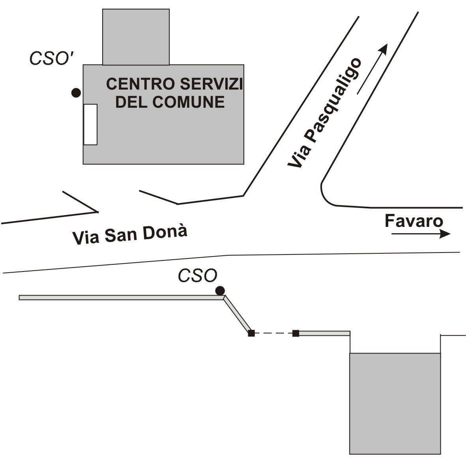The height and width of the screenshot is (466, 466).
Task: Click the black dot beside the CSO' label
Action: (76, 93)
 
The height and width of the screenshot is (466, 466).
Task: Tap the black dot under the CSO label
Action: (220, 291)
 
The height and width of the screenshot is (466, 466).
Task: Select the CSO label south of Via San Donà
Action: (197, 276)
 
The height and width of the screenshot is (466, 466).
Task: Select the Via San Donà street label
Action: (129, 235)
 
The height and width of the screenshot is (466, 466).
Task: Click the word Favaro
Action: (414, 221)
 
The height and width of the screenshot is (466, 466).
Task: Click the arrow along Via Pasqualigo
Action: (372, 69)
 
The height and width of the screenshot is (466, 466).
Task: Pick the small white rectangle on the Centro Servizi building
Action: (90, 125)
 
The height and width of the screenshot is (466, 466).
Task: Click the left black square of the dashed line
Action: (251, 333)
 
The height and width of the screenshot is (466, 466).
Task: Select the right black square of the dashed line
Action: (296, 333)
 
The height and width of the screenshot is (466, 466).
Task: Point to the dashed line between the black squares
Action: (273, 333)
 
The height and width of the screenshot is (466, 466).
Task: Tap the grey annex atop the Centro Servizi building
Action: (136, 37)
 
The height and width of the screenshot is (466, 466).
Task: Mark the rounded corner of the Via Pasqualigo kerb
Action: (326, 195)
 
